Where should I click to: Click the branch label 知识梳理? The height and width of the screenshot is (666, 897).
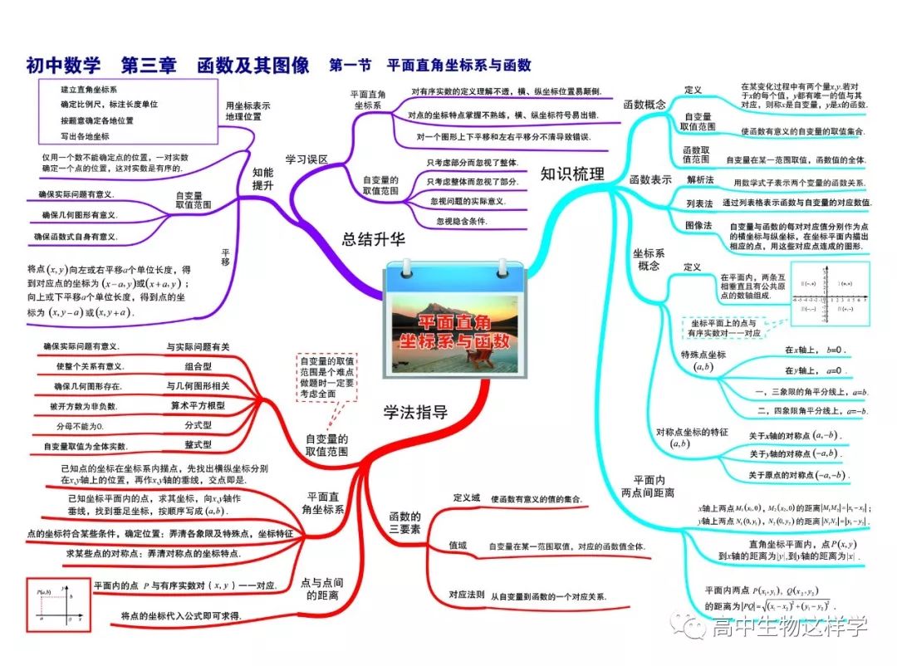click(x=572, y=174)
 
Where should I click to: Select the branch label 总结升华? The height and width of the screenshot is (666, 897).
click(x=374, y=240)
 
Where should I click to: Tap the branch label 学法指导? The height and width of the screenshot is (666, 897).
click(x=415, y=411)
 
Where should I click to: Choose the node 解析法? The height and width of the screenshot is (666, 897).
click(x=699, y=179)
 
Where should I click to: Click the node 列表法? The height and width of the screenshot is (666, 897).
click(x=699, y=203)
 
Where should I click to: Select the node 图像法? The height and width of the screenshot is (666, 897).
click(x=699, y=225)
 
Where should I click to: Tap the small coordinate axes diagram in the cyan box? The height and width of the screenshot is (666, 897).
click(x=830, y=296)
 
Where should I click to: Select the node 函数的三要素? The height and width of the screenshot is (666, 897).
click(x=404, y=522)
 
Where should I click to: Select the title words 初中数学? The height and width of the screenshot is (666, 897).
click(x=62, y=65)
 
